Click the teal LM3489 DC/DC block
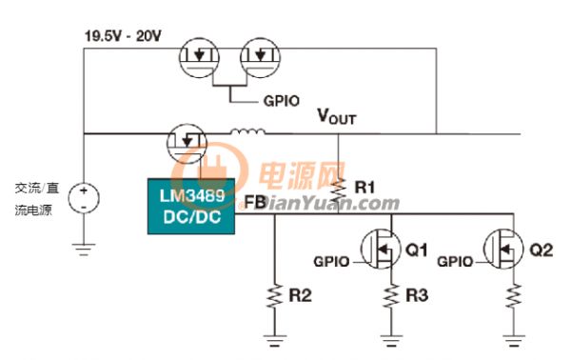(x=191, y=206)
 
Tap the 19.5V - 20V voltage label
(x=123, y=36)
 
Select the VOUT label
(x=337, y=117)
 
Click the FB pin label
(x=254, y=202)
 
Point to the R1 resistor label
(x=364, y=188)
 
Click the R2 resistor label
(x=301, y=295)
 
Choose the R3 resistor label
(x=417, y=295)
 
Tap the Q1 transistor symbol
(x=381, y=250)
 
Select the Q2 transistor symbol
(x=503, y=250)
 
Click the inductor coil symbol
(x=247, y=131)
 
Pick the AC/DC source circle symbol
(x=84, y=198)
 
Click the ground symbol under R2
(x=274, y=340)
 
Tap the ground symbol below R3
(x=391, y=340)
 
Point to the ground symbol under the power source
(x=84, y=250)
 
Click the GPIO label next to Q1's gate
(x=331, y=262)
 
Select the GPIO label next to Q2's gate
(x=455, y=262)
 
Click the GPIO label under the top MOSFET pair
(x=282, y=101)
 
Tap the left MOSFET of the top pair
(x=199, y=57)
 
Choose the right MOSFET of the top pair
(x=260, y=57)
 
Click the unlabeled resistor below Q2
(x=514, y=295)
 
